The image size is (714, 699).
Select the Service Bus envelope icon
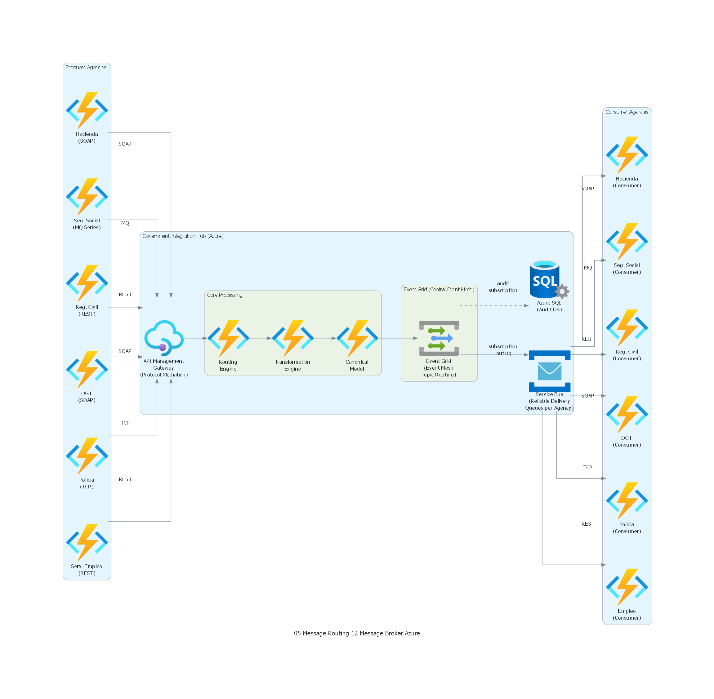point(549,371)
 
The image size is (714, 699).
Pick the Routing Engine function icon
point(228,338)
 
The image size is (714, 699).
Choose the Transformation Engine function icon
point(292,338)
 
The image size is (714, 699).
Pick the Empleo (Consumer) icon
point(627,587)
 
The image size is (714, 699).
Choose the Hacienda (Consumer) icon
point(627,155)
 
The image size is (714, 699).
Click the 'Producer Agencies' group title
point(86,68)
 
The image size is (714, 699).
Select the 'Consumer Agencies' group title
point(627,112)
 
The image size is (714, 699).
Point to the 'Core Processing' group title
point(225,295)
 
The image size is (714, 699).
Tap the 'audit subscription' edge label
point(502,287)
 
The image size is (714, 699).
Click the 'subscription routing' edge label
point(502,350)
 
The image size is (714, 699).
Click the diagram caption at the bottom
point(357,633)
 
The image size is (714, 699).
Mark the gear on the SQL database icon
point(562,292)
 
